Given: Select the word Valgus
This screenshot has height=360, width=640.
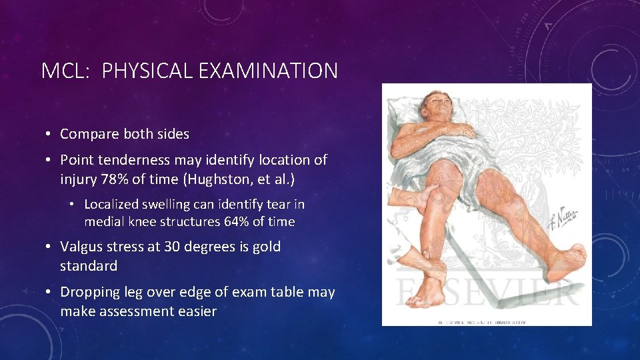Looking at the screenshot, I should (79, 246).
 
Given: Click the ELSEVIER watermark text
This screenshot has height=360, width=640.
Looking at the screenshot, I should (487, 289).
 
